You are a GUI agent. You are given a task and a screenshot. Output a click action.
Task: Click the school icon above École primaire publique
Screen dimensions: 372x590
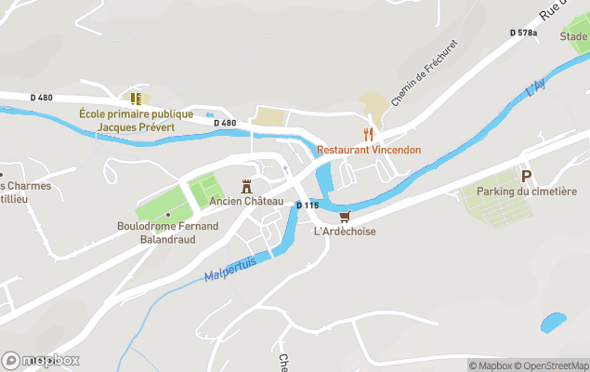[136, 97]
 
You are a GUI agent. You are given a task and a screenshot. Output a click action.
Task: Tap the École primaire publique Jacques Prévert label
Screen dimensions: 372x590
[136, 120]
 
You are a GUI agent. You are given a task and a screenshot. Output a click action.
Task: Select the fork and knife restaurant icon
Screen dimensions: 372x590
[368, 133]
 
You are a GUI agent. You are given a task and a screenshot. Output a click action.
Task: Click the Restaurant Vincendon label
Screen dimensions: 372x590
[369, 149]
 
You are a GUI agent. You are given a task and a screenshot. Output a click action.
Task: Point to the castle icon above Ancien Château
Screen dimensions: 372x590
[246, 185]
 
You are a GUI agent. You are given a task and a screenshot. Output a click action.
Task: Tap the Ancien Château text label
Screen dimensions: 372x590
[246, 201]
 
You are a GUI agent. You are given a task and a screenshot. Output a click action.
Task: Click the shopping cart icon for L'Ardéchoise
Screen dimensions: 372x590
[345, 217]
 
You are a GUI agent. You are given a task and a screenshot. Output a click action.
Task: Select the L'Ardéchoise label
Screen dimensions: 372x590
[345, 232]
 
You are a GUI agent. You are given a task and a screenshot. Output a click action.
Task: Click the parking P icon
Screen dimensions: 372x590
[526, 176]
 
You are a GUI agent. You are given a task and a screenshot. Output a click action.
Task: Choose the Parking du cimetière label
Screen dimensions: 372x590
[527, 192]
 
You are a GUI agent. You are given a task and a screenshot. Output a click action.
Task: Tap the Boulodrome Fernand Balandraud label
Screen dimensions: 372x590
[168, 232]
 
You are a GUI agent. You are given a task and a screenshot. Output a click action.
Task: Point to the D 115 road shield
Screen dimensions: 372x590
[308, 205]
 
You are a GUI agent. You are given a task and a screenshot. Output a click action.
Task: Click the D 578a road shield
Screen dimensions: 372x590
[524, 33]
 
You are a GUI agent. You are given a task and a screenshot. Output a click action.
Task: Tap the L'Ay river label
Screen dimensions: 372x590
[535, 90]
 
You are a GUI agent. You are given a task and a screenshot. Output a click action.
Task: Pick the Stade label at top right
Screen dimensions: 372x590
[573, 37]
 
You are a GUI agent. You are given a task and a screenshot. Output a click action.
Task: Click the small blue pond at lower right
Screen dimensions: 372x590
[553, 322]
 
